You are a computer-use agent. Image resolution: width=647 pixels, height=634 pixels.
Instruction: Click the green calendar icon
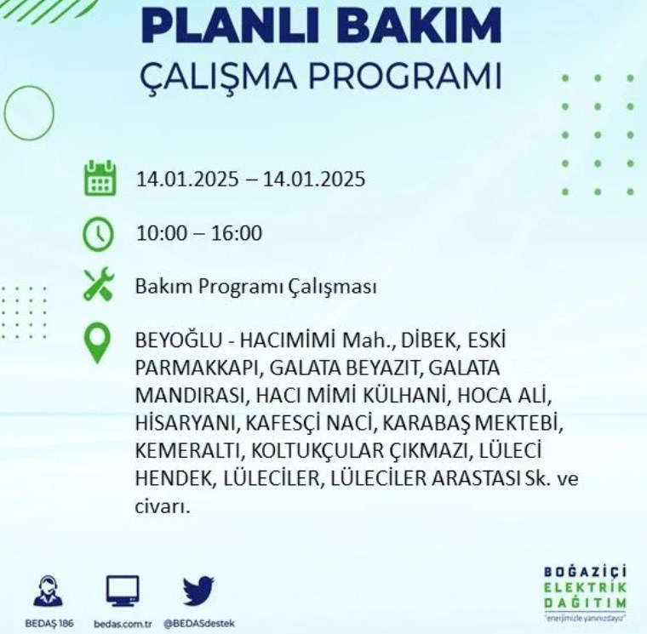100,178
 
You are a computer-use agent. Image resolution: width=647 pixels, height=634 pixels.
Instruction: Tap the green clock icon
98,234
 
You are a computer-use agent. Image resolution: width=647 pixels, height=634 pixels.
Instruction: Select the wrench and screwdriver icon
98,283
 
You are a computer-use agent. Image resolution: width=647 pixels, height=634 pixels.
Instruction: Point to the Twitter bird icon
199,591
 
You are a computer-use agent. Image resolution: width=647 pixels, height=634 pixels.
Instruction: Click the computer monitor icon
123,591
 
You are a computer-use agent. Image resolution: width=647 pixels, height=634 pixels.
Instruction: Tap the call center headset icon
49,591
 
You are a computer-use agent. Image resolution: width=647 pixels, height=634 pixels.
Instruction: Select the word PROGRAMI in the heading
405,77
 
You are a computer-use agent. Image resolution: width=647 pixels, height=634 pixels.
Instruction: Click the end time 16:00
237,233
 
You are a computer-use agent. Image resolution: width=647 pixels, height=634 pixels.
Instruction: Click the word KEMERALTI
188,450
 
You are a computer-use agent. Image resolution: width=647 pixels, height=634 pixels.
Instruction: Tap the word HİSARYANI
188,423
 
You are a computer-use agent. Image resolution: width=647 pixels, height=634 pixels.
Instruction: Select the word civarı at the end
163,506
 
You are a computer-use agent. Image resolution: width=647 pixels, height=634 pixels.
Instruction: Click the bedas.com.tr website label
123,624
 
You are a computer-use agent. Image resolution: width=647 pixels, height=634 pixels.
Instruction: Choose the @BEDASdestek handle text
199,624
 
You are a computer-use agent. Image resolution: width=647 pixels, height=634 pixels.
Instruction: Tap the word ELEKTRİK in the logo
585,587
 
